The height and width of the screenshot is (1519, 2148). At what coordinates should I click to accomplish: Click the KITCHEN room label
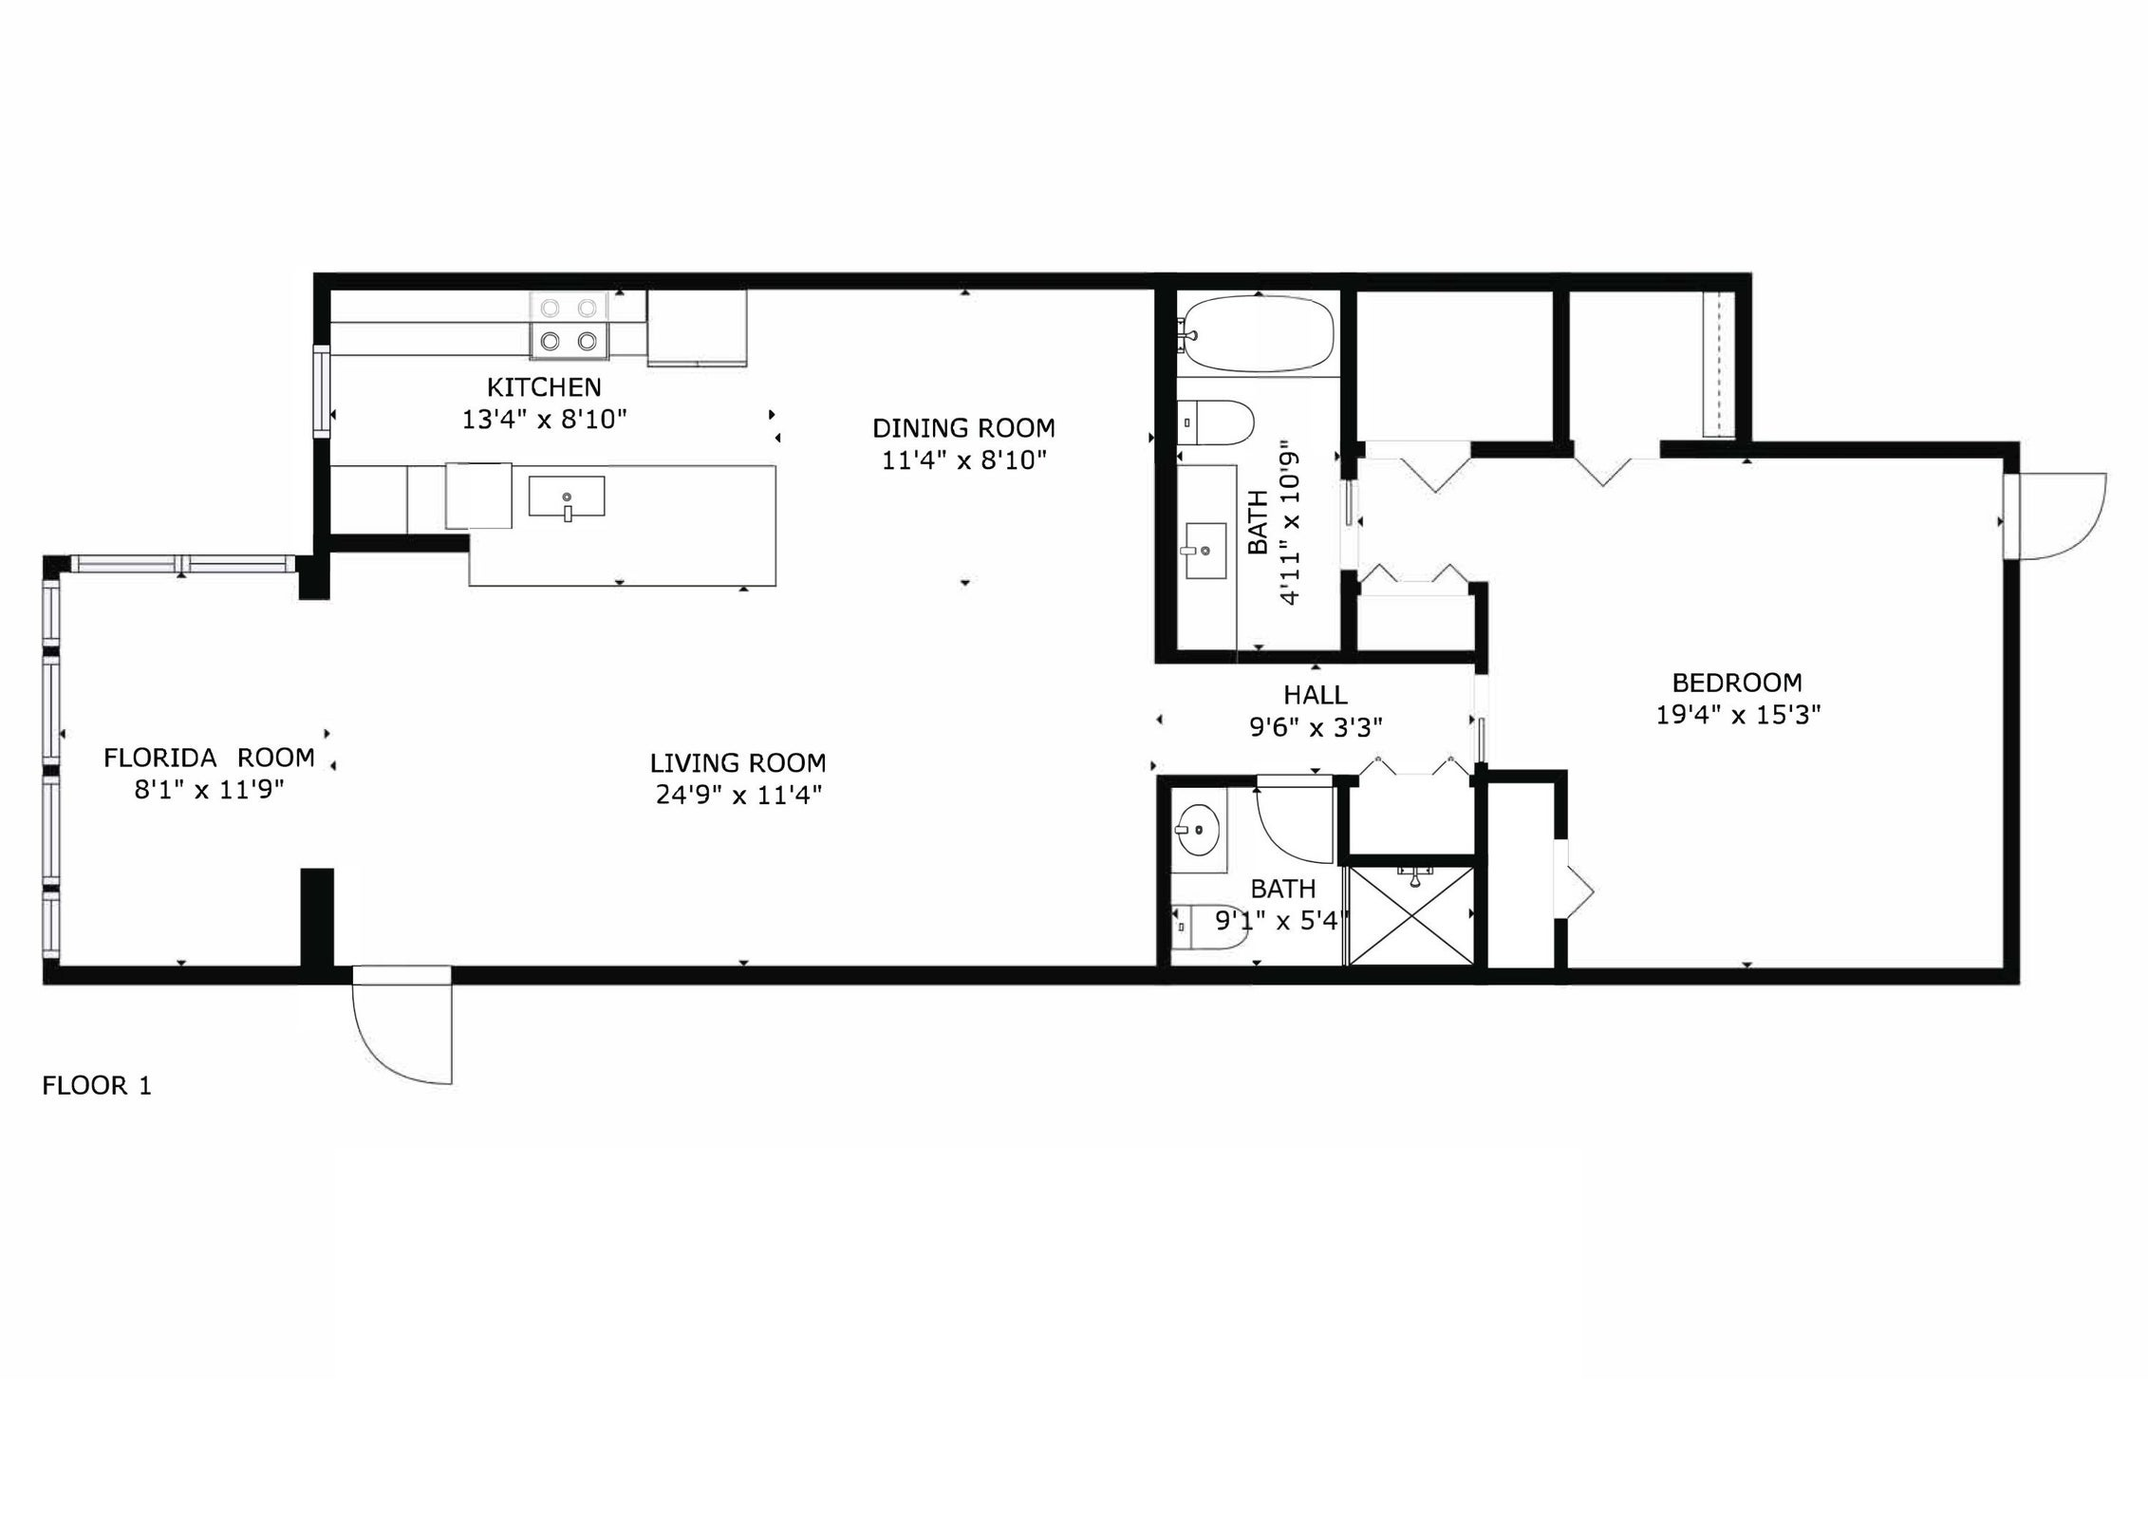(544, 387)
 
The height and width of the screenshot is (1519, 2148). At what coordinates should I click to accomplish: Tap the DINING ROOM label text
(963, 428)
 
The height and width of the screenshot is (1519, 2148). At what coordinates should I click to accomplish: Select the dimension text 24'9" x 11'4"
(738, 795)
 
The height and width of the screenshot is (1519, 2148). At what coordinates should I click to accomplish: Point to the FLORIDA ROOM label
(209, 758)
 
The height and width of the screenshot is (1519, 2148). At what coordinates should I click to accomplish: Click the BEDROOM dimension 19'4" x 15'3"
(1738, 715)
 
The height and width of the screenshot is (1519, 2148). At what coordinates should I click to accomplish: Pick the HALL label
(1316, 695)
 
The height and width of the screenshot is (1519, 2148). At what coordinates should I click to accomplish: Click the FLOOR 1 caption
(97, 1086)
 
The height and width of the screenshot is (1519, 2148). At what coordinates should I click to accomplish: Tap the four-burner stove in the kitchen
(569, 325)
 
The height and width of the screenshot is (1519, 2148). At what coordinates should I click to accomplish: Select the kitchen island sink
(567, 497)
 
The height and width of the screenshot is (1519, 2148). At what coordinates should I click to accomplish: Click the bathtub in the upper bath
(1255, 333)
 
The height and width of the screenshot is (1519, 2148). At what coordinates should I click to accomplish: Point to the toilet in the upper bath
(1216, 422)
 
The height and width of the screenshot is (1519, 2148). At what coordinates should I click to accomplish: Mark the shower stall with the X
(1410, 915)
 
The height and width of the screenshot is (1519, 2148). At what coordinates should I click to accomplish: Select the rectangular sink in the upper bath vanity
(1205, 550)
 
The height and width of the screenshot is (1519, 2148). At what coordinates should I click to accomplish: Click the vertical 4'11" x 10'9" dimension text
(1289, 521)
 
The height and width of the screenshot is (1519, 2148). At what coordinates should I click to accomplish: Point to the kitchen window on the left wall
(323, 392)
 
